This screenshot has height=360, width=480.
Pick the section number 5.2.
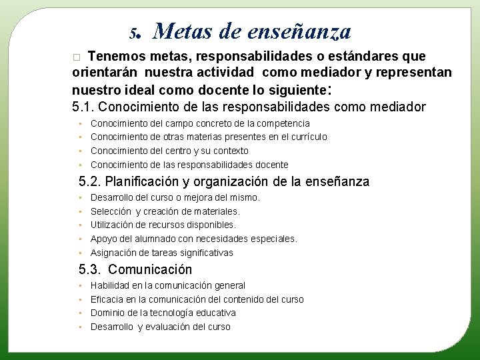tap(90, 181)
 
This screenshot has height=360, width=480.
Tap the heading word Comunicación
tap(150, 269)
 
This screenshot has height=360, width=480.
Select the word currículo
tap(305, 137)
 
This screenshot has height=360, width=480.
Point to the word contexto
tap(231, 151)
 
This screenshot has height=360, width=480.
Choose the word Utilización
tap(113, 225)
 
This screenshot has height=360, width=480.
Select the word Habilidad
tap(110, 285)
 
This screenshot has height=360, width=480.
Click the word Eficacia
tap(107, 299)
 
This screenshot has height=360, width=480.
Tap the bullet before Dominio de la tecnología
tap(80, 313)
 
